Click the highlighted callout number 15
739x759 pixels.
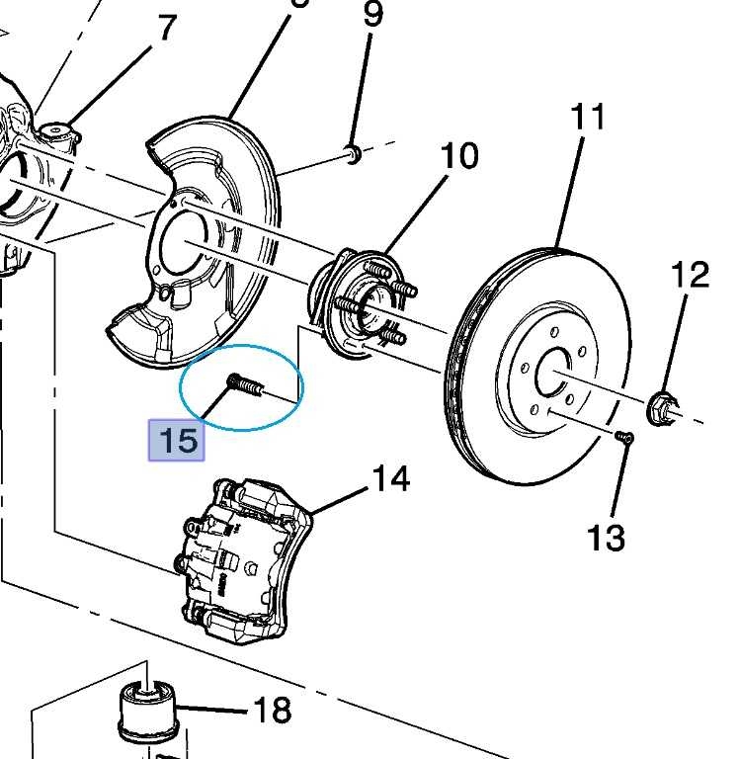pyautogui.click(x=178, y=440)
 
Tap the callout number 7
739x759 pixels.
pyautogui.click(x=166, y=29)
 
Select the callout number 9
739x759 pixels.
pyautogui.click(x=371, y=16)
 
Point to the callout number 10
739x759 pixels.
pyautogui.click(x=458, y=156)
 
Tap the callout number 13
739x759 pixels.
pyautogui.click(x=606, y=538)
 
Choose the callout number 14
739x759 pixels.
pyautogui.click(x=390, y=479)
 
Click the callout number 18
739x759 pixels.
pyautogui.click(x=273, y=709)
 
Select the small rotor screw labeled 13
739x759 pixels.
pyautogui.click(x=622, y=436)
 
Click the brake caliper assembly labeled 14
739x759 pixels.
pyautogui.click(x=241, y=558)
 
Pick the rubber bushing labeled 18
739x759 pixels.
pyautogui.click(x=145, y=713)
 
